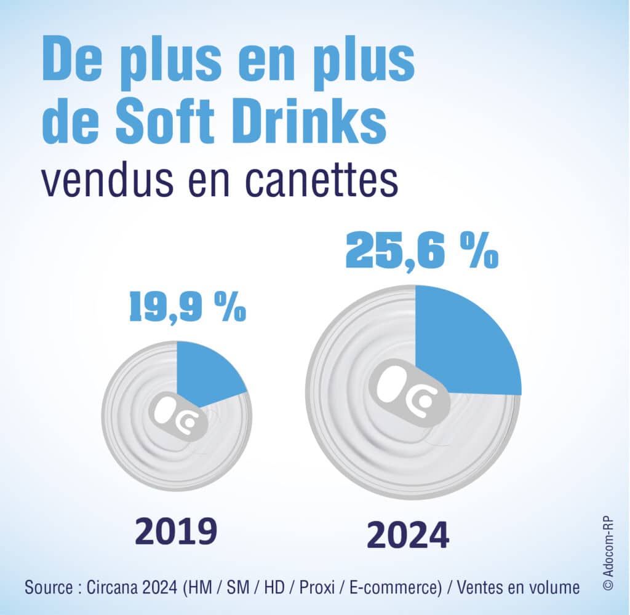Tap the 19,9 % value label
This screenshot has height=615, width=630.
tap(187, 308)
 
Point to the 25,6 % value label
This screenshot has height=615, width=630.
tap(421, 251)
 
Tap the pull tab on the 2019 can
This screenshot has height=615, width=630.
tap(181, 419)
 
